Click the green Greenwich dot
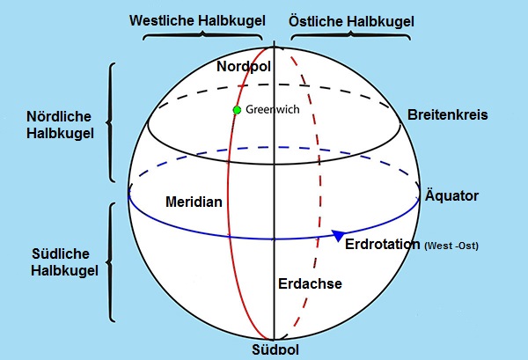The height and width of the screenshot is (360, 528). (236, 110)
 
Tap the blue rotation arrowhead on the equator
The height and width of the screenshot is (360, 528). (337, 236)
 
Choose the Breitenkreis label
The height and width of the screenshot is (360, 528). (447, 115)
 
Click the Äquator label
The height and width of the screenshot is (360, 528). (451, 195)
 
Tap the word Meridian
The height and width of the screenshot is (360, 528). (194, 202)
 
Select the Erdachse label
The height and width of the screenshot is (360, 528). (309, 283)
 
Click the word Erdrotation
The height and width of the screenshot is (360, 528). (382, 243)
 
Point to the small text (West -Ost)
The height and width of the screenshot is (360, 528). (451, 245)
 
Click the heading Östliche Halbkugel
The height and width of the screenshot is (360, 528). (352, 18)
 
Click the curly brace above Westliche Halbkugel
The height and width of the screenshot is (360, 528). (202, 37)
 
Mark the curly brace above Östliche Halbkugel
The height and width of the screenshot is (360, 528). (350, 37)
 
